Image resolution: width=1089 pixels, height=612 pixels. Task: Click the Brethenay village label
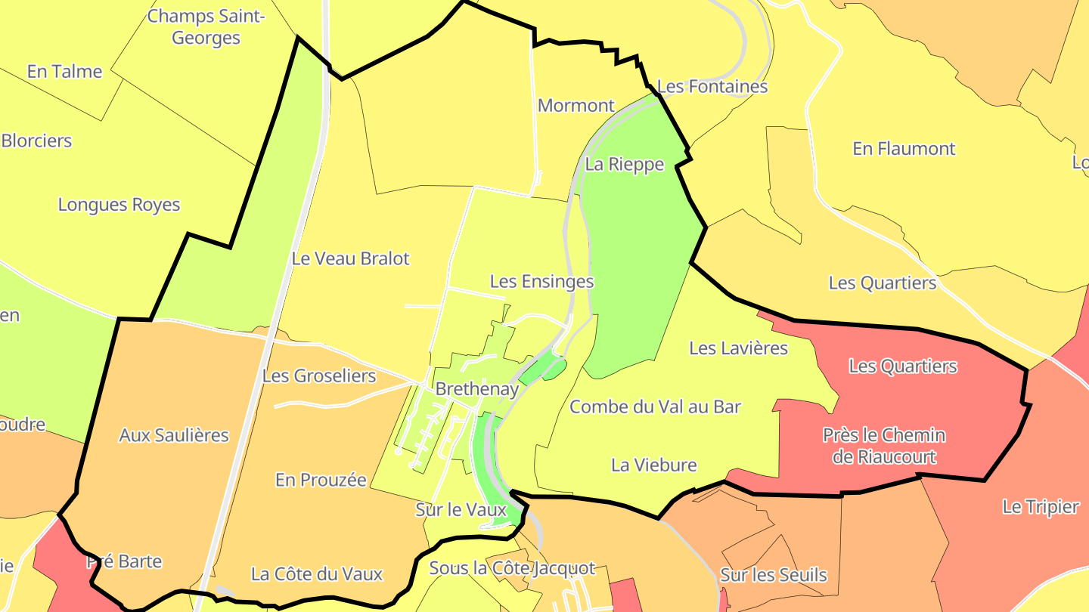(x=477, y=389)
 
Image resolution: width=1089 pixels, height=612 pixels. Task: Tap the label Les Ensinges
(x=541, y=282)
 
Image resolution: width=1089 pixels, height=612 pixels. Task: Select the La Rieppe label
(x=625, y=164)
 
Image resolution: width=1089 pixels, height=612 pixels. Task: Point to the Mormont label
(x=576, y=105)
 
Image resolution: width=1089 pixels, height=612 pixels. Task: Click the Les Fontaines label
(x=712, y=86)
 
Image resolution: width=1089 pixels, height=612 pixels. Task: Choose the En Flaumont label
(x=904, y=148)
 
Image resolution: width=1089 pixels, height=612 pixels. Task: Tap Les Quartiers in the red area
(x=903, y=366)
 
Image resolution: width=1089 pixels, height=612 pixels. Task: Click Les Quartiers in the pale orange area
(x=883, y=283)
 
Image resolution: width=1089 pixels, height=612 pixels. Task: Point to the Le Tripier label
(x=1040, y=506)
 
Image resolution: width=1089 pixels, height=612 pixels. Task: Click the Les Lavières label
(x=738, y=348)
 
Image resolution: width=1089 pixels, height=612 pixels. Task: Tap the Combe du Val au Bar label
(x=655, y=406)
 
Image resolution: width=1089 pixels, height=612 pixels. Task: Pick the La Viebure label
(x=653, y=465)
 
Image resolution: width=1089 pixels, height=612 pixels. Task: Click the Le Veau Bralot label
(x=350, y=258)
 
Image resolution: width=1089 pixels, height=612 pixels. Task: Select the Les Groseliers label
(x=318, y=376)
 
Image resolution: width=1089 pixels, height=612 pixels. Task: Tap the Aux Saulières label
(x=174, y=434)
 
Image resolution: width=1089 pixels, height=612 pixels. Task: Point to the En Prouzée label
(x=321, y=480)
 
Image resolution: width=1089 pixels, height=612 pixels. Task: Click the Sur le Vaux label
(x=461, y=510)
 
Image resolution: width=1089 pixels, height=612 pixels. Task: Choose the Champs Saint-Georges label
(x=206, y=26)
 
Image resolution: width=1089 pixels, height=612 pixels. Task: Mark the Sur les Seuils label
(x=774, y=575)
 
